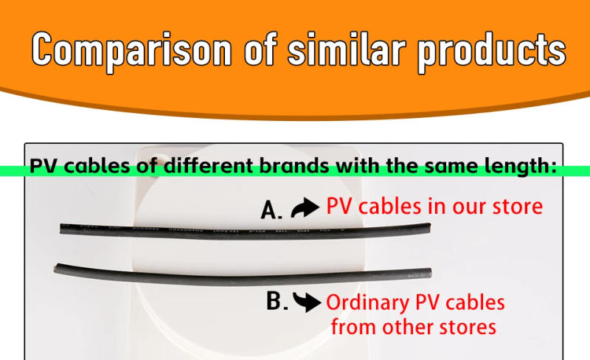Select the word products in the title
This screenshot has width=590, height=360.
point(491,51)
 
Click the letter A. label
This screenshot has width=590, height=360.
point(271,211)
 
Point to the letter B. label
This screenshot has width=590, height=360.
point(276,301)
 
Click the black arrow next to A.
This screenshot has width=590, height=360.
point(305,210)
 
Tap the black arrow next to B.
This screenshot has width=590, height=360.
point(307,301)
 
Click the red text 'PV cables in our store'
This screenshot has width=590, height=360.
point(434,207)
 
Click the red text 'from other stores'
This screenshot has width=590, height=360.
point(414,326)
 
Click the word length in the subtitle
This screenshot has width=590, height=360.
point(521,166)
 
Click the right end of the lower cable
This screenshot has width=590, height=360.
point(428,274)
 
